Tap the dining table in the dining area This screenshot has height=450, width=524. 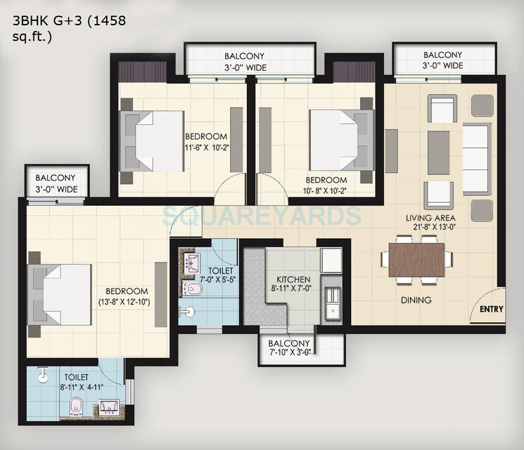coord(417,259)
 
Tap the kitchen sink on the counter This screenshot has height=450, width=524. coord(331,308)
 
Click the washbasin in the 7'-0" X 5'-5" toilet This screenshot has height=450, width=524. coord(191,264)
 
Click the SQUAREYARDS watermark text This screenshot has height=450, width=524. coord(262,215)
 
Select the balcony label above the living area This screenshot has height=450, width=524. coord(442,60)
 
